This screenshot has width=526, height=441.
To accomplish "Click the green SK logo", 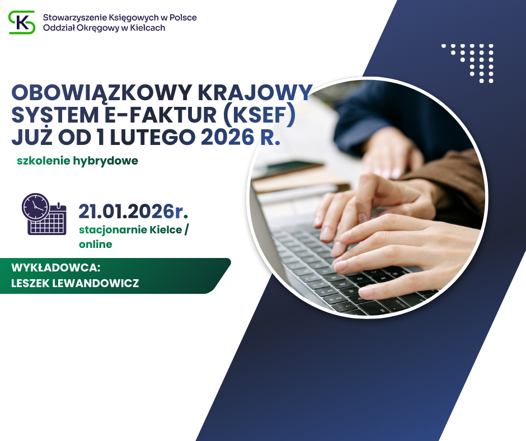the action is pos(22,22).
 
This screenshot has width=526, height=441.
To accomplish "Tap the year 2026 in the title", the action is pos(228,137).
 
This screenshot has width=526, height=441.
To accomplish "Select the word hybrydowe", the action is pos(105,161).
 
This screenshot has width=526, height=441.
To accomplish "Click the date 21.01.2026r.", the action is pos(133,212).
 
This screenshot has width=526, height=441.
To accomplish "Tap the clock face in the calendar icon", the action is pos(36,207).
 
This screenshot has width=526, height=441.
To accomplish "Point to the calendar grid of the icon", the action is pos(47,223).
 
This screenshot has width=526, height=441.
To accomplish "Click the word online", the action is pos(96,245).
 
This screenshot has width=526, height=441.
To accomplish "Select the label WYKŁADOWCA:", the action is pos(56,268).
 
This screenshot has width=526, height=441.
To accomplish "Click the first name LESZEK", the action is pos(30,283).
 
